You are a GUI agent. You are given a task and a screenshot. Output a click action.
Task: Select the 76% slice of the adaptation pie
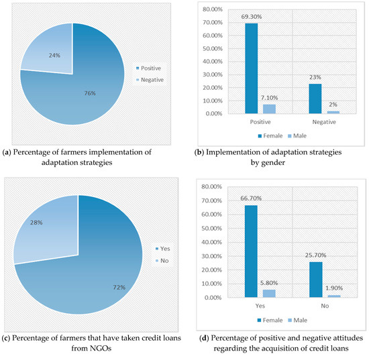pos(81,94)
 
